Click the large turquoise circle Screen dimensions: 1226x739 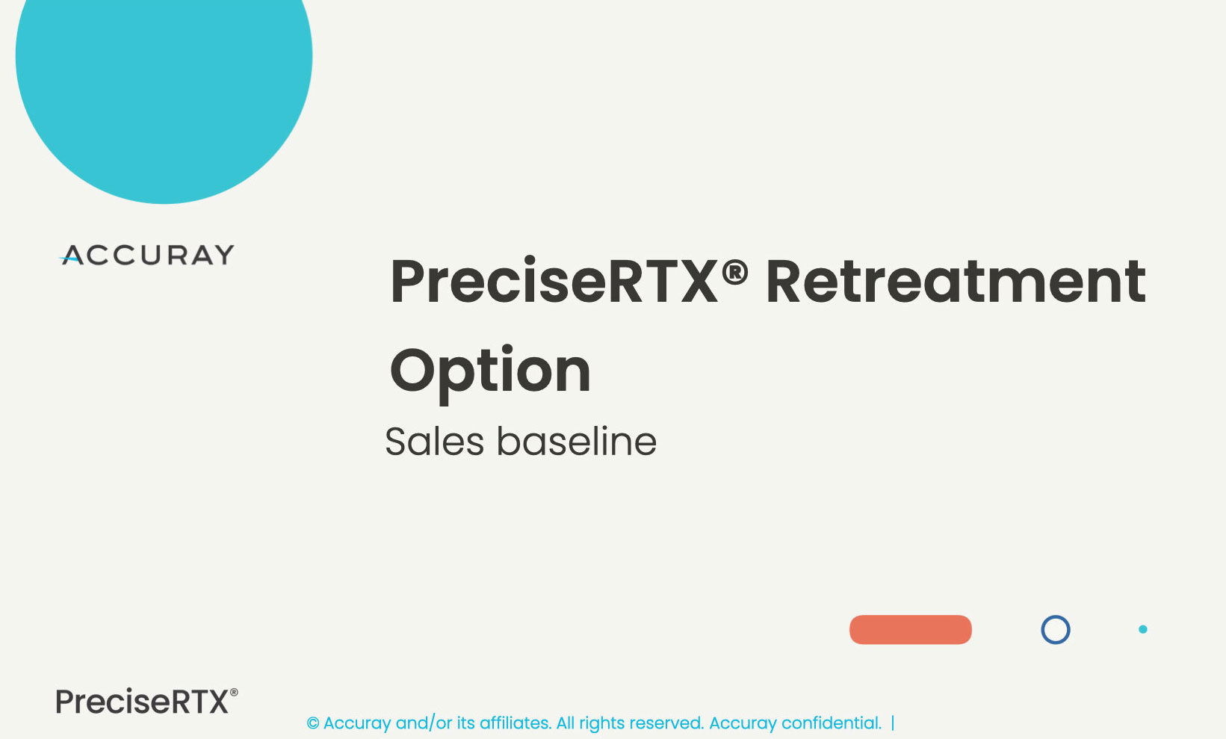tap(164, 82)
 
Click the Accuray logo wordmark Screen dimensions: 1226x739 tap(146, 255)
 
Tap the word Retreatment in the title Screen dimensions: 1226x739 tap(956, 282)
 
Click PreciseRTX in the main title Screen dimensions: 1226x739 tap(554, 282)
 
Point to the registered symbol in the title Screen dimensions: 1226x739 tap(734, 271)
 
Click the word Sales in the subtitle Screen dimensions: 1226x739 tap(435, 441)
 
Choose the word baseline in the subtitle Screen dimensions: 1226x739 tap(576, 441)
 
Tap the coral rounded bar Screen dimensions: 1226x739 tap(911, 629)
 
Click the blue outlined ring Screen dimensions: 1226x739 tap(1055, 616)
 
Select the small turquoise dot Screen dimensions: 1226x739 tap(1143, 629)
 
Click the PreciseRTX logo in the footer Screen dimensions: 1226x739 tap(146, 701)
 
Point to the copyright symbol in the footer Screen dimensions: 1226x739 tap(313, 723)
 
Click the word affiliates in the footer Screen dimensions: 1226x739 tap(515, 723)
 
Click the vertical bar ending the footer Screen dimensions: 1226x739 tap(893, 723)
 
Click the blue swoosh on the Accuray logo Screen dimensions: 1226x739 tap(69, 257)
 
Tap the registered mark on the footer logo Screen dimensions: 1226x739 tap(234, 693)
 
